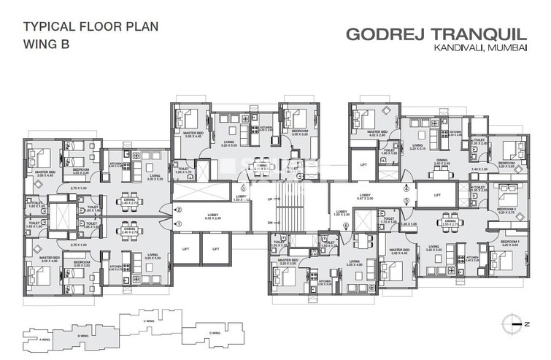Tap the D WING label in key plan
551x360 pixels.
(215, 333)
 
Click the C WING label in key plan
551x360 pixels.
(149, 320)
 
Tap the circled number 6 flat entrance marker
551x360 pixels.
(345, 225)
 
